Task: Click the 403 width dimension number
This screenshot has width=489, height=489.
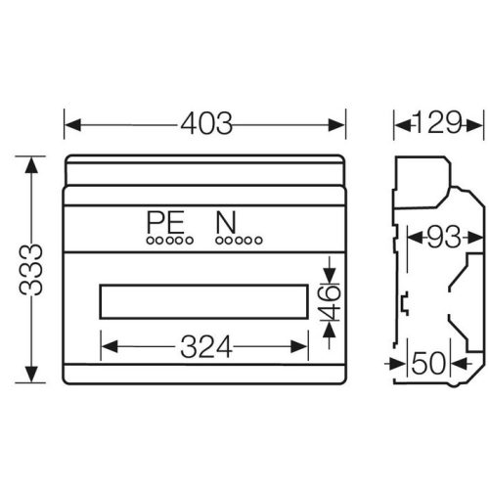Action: click(206, 124)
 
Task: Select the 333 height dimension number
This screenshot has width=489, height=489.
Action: click(31, 270)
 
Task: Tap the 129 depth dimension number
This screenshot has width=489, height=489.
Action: click(438, 123)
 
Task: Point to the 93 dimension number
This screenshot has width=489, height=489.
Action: click(444, 237)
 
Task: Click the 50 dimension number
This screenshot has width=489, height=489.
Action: click(428, 363)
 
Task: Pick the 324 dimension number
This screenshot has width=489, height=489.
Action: click(206, 346)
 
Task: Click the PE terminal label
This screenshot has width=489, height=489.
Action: click(166, 222)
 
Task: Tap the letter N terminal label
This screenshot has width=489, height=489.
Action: click(226, 222)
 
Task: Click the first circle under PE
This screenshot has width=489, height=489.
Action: click(150, 241)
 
